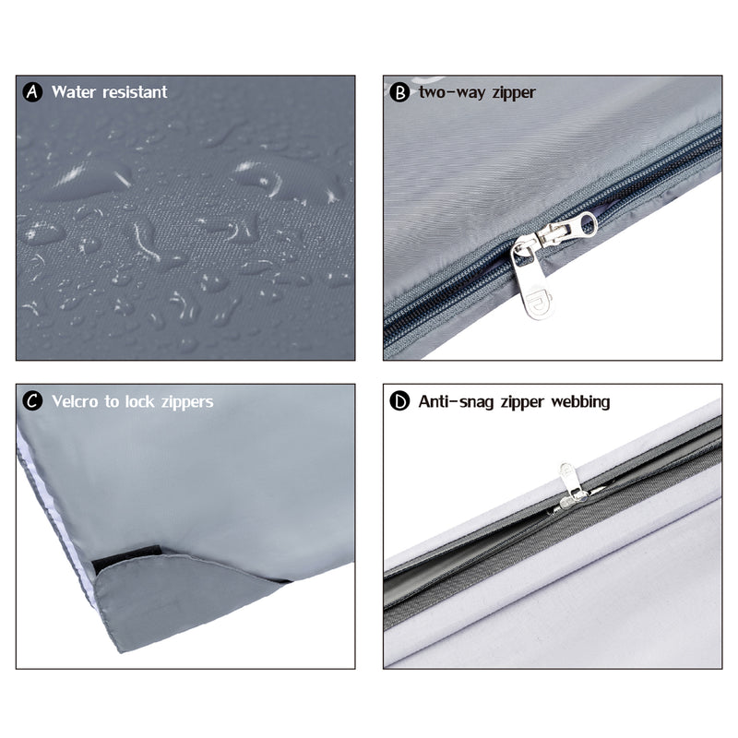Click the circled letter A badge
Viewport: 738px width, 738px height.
coord(32,91)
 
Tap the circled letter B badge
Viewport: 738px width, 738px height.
coord(399,92)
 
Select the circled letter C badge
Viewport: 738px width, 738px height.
coord(32,401)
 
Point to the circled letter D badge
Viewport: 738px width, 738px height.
coord(399,401)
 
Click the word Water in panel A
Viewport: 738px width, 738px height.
coord(74,91)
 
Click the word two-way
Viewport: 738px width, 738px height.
coord(452,92)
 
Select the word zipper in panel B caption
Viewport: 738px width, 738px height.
coord(514,93)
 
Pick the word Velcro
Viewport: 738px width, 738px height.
coord(75,401)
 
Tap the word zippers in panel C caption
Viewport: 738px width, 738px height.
coord(187,402)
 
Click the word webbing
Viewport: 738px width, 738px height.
coord(580,402)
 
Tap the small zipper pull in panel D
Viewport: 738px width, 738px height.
coord(570,487)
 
